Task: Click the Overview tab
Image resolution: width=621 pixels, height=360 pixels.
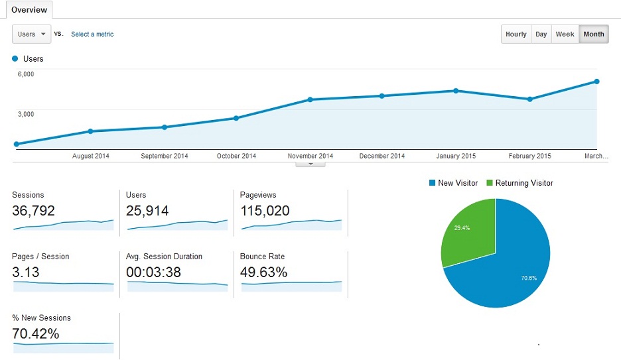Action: click(x=29, y=10)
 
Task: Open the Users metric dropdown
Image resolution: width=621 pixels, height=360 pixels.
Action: click(x=31, y=34)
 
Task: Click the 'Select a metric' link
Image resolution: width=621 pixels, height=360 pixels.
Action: click(x=92, y=34)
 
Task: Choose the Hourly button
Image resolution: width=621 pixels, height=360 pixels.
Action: click(x=516, y=34)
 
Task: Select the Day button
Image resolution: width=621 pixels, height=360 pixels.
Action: click(x=541, y=34)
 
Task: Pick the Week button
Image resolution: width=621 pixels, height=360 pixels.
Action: click(x=565, y=34)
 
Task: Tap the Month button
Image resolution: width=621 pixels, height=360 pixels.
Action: click(x=593, y=34)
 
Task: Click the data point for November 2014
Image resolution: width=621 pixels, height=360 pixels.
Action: click(x=310, y=99)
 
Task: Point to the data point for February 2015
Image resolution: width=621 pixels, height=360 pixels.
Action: click(x=529, y=99)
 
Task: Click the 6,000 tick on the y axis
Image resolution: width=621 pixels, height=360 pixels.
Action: click(x=25, y=74)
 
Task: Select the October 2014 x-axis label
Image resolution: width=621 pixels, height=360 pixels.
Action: click(x=236, y=156)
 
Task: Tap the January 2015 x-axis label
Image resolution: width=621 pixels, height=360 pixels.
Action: click(x=456, y=156)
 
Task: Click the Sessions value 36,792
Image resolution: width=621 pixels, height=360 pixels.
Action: click(x=33, y=211)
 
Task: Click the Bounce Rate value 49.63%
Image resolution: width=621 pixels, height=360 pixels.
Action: click(x=263, y=272)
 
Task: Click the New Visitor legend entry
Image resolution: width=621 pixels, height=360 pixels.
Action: click(x=453, y=183)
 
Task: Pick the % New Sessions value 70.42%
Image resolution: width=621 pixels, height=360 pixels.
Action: click(x=36, y=333)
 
